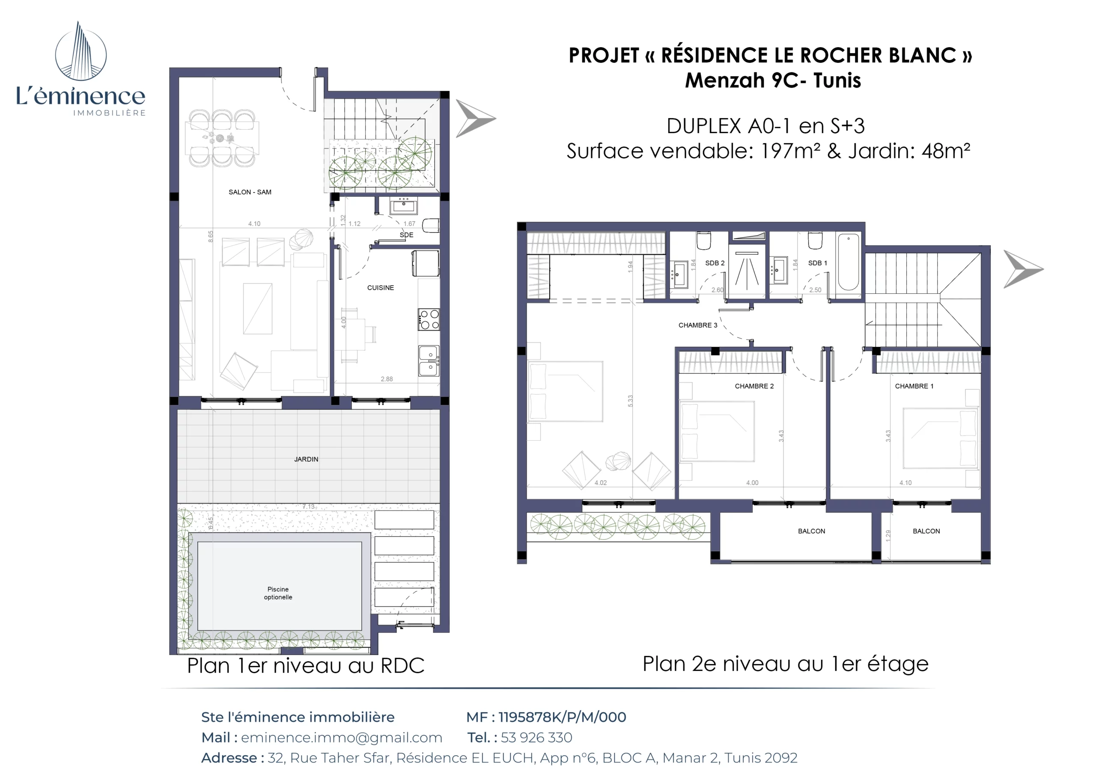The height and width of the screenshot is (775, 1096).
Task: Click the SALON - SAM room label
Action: [x=250, y=192]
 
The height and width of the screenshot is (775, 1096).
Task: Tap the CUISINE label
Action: [x=381, y=287]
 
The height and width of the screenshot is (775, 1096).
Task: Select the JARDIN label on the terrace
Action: [x=306, y=459]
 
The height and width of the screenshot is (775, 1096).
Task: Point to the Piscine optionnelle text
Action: [x=278, y=593]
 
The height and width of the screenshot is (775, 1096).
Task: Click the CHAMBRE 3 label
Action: [x=697, y=325]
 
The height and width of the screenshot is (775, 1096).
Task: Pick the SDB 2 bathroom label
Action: [x=715, y=263]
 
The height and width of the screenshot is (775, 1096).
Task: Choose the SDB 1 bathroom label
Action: [x=817, y=263]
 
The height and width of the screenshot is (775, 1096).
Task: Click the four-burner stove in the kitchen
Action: [x=429, y=319]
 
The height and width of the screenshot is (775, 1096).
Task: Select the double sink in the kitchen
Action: [x=429, y=361]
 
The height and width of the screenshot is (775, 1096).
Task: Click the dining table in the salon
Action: [x=222, y=138]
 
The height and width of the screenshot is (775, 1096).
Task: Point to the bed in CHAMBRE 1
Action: [x=939, y=438]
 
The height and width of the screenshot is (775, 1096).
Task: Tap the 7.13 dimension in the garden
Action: [x=308, y=507]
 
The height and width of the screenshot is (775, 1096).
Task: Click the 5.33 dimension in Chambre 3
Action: [x=630, y=401]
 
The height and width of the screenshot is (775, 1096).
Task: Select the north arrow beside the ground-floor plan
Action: [x=475, y=119]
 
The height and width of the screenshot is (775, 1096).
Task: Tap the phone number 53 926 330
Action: [x=536, y=737]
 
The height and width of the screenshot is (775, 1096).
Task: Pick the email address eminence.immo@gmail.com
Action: [x=341, y=737]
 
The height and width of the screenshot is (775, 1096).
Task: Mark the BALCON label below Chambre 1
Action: [x=926, y=531]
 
